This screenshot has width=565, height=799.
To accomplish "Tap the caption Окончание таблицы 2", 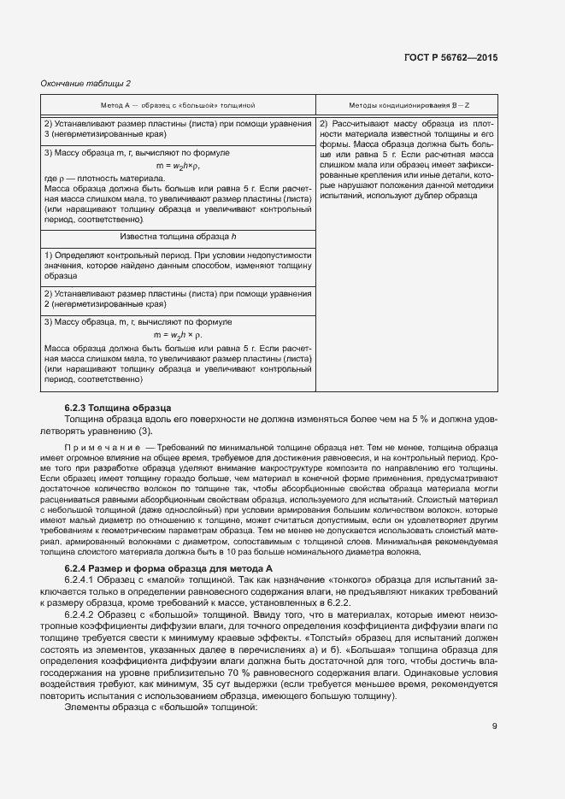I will [85, 83].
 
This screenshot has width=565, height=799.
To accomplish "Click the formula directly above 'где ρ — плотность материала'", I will [178, 165].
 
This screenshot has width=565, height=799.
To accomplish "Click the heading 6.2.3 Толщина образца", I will [118, 408].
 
